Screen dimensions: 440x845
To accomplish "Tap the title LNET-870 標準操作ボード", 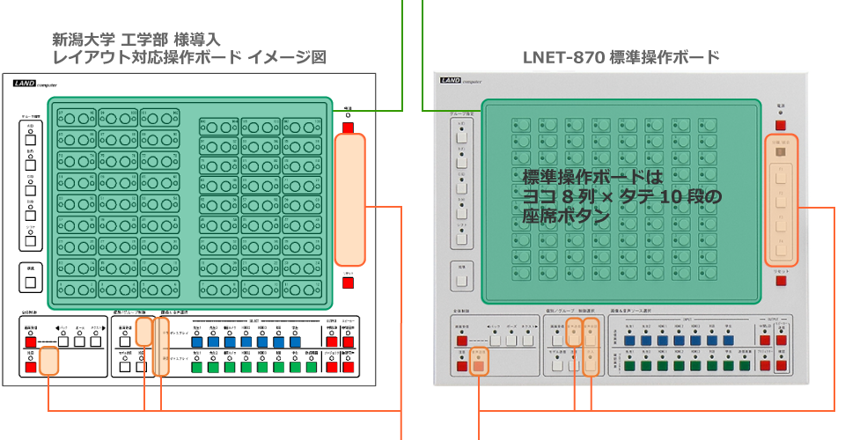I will pos(621,57).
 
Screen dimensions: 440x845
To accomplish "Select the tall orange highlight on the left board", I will pos(349,200).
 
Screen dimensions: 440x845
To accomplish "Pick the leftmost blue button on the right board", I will pos(629,338).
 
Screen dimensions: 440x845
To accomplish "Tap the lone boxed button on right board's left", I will pos(462,282).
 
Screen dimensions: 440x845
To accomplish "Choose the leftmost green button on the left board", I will pos(196,367).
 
